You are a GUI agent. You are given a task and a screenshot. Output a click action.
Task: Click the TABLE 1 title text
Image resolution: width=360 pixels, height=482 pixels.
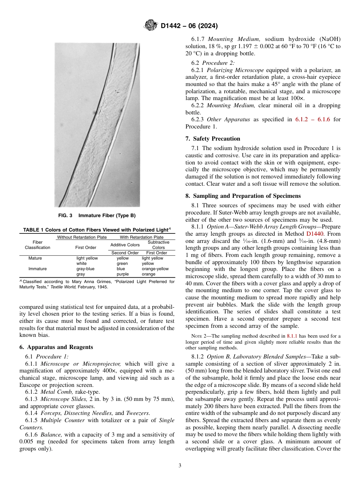[97, 230]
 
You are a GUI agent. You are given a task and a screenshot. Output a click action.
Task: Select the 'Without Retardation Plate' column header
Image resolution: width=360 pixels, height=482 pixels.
[82, 237]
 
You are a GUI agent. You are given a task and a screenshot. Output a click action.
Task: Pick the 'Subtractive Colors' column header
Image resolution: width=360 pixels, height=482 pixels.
[158, 245]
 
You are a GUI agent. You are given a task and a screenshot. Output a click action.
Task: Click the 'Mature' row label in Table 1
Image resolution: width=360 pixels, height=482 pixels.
[35, 258]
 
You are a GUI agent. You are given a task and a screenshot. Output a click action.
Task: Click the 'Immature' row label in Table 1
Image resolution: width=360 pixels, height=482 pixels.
[38, 269]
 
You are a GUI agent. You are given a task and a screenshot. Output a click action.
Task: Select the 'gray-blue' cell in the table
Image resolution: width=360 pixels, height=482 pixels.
[85, 269]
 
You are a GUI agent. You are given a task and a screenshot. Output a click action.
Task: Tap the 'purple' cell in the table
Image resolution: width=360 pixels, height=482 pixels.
[123, 274]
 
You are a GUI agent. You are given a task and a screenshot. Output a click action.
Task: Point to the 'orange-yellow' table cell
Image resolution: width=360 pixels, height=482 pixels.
[155, 269]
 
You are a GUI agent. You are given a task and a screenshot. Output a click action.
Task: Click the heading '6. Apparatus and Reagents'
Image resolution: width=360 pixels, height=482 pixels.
[56, 347]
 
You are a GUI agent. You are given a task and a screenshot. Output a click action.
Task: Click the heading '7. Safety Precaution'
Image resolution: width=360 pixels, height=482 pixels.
[213, 139]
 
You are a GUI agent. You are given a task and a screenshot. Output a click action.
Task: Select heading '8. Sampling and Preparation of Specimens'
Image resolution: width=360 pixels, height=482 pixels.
[243, 196]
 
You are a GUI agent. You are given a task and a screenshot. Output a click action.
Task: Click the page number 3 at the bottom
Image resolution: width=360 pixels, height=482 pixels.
[180, 465]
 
